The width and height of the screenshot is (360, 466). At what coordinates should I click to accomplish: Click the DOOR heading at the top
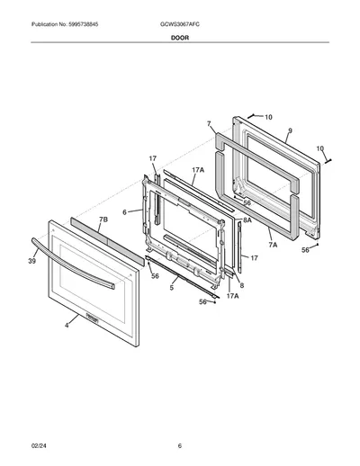point(180,38)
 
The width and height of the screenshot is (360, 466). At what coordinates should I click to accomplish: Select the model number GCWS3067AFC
point(180,24)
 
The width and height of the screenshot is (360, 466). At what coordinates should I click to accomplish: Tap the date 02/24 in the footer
point(39,446)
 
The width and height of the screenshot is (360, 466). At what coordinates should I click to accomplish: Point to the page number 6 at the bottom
point(180,446)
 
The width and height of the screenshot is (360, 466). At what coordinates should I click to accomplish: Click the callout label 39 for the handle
point(32,261)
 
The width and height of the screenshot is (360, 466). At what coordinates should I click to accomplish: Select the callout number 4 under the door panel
point(67,326)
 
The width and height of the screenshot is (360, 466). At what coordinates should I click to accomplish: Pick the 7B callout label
point(103,220)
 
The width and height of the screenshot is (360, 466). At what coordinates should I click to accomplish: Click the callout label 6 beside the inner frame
point(124,212)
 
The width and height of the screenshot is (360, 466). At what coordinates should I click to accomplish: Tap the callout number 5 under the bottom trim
point(171,288)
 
